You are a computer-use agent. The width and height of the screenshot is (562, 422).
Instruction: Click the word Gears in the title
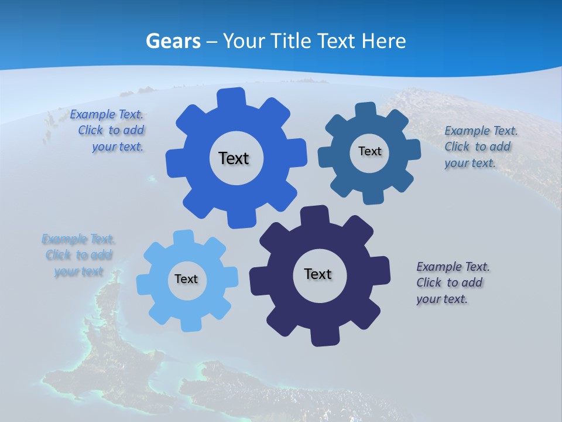coord(173,41)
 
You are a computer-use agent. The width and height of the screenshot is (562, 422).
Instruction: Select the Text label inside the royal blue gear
coord(234,158)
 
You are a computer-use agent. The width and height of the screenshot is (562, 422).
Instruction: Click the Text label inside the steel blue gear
coord(369,151)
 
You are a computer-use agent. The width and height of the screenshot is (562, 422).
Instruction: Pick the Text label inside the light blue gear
coord(186,279)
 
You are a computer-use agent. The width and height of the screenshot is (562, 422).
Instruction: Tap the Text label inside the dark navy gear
coord(318,274)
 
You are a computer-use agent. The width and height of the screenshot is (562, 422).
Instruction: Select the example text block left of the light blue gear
coord(78,255)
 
